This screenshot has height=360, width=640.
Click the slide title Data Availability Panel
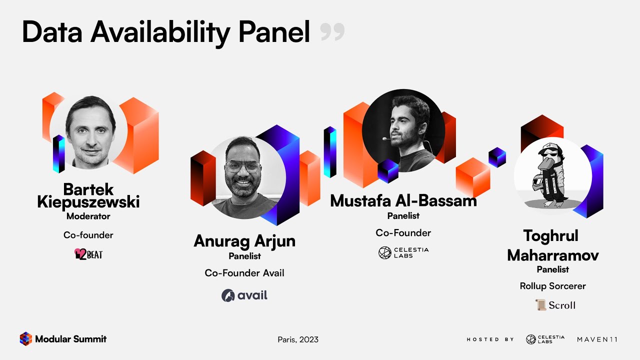[x=166, y=32]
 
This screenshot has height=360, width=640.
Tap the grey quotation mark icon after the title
[x=332, y=32]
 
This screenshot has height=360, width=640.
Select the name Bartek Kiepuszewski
[x=88, y=196]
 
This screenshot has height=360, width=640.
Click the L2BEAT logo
[x=88, y=254]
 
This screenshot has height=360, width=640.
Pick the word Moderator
[x=88, y=216]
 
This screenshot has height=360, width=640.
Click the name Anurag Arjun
[x=244, y=241]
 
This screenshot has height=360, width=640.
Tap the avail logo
[x=244, y=295]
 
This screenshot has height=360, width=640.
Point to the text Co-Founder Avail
[x=244, y=273]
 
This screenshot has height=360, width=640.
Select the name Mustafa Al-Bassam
[x=403, y=201]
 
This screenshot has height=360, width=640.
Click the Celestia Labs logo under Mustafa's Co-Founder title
[x=403, y=252]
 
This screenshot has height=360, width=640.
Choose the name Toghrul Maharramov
[x=553, y=245]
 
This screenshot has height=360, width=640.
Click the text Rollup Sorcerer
[x=553, y=286]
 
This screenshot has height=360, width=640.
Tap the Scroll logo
[x=555, y=305]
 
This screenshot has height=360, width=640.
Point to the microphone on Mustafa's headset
[x=384, y=138]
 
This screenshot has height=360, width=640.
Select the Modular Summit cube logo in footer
[x=25, y=339]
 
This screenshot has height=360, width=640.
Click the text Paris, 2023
[x=298, y=339]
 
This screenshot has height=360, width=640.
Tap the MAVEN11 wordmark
[x=597, y=339]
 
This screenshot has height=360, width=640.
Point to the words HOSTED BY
[x=490, y=339]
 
